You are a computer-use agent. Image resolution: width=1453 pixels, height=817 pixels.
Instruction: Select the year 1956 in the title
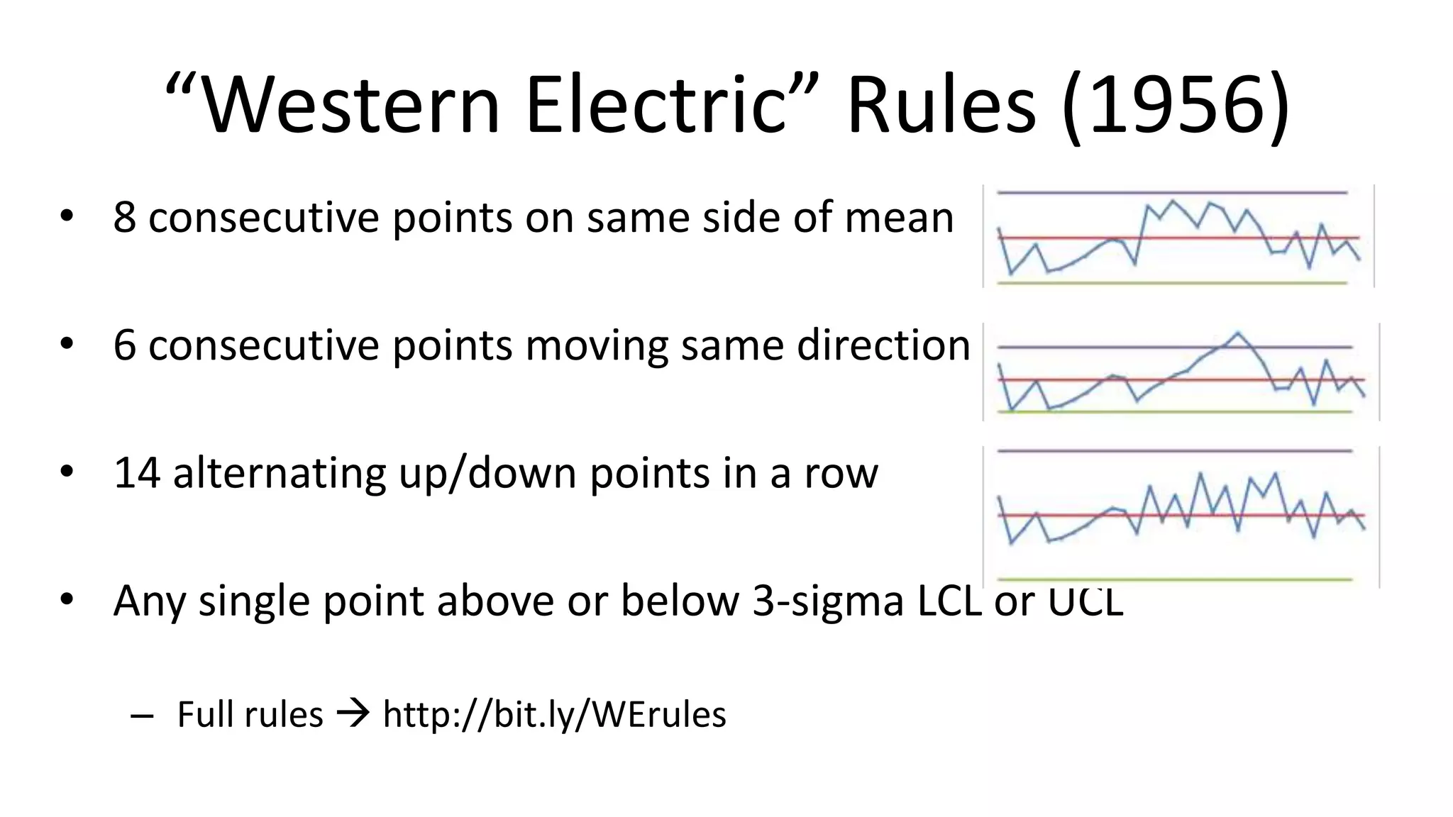click(x=1176, y=106)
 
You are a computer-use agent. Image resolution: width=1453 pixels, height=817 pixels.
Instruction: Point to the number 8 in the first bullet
click(x=124, y=218)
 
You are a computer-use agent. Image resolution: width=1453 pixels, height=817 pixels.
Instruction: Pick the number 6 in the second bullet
click(x=124, y=345)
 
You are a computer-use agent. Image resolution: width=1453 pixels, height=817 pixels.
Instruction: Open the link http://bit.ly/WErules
click(x=554, y=714)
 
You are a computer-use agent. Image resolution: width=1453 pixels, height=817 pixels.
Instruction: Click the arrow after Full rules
click(x=353, y=713)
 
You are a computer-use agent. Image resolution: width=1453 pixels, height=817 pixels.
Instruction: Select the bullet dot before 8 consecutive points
click(x=67, y=216)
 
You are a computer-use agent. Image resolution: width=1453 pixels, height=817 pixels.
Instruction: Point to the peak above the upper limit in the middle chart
click(x=1238, y=333)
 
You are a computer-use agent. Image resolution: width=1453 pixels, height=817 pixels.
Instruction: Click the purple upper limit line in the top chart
click(x=1064, y=192)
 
